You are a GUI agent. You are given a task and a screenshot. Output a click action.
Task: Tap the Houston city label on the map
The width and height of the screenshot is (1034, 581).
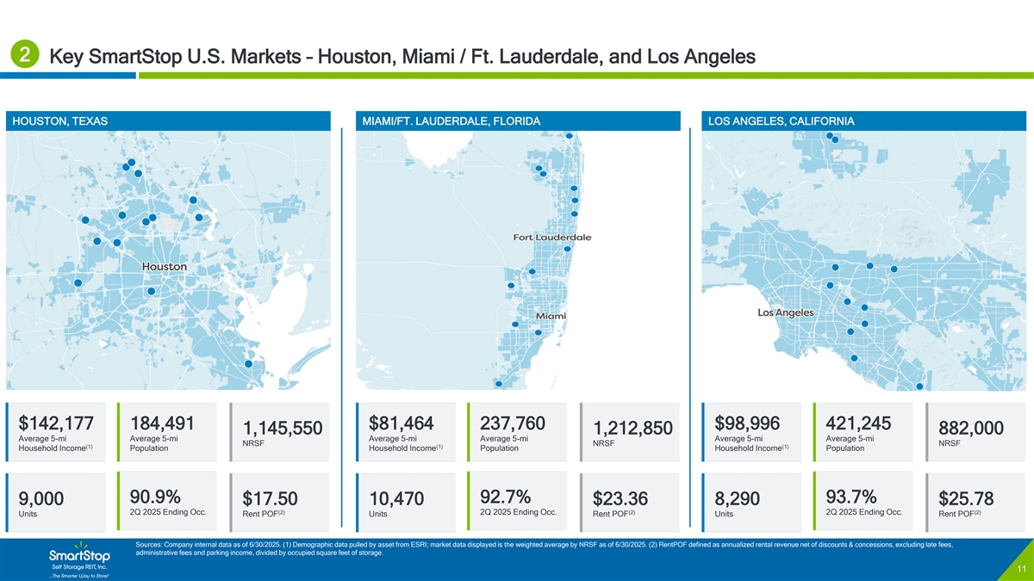pos(164,267)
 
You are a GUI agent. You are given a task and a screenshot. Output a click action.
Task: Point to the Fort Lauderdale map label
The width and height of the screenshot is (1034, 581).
pos(552,238)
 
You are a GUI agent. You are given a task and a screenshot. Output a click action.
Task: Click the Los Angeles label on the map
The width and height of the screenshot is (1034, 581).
pos(785,312)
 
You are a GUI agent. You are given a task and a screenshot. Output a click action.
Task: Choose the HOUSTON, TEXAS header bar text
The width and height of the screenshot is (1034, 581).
pos(59,121)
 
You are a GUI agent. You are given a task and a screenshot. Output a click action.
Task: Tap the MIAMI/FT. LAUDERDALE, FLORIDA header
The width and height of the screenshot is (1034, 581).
pos(451,121)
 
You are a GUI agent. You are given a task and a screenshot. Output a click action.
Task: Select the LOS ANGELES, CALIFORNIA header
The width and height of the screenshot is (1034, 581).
pos(781,121)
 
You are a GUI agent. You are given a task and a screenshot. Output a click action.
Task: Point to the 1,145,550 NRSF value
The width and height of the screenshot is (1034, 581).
pos(283,429)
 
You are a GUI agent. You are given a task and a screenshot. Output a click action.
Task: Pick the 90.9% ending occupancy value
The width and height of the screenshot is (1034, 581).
pos(155,497)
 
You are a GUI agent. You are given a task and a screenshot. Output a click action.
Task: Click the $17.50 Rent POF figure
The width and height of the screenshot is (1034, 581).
pos(270,500)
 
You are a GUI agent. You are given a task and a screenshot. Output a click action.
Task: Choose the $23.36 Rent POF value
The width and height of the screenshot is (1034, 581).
pos(620,500)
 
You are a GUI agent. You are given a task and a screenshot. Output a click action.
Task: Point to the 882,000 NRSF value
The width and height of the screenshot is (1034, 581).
pos(971,429)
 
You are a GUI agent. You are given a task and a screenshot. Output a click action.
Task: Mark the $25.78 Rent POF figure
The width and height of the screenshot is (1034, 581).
pos(966,500)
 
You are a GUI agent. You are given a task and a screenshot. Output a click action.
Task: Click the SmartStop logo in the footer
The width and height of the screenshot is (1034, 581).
pos(79,553)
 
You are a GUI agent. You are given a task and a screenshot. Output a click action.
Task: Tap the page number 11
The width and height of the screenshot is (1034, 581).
pos(1019,571)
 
